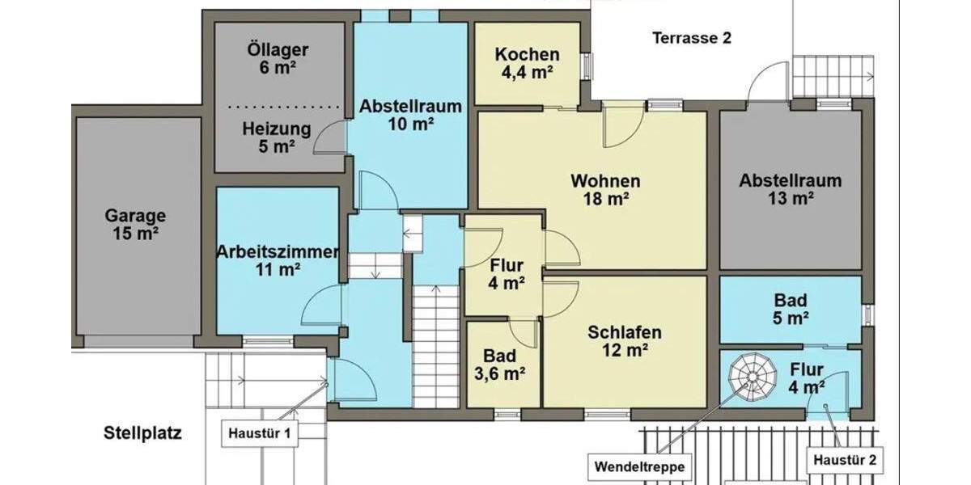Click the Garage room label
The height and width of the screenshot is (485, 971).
(135, 225)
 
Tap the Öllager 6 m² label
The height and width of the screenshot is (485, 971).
(278, 59)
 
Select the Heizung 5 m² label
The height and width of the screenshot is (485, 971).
(277, 137)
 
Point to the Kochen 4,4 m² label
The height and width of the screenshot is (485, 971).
(527, 63)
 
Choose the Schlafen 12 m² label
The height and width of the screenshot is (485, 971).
(624, 340)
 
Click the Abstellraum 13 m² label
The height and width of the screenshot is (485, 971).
(789, 189)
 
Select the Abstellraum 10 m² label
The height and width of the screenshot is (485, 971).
(410, 115)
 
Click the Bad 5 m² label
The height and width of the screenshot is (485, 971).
(791, 309)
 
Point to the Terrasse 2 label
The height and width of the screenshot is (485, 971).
(691, 38)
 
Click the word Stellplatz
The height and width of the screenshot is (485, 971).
(142, 433)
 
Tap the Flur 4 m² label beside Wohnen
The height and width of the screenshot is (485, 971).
(507, 273)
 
